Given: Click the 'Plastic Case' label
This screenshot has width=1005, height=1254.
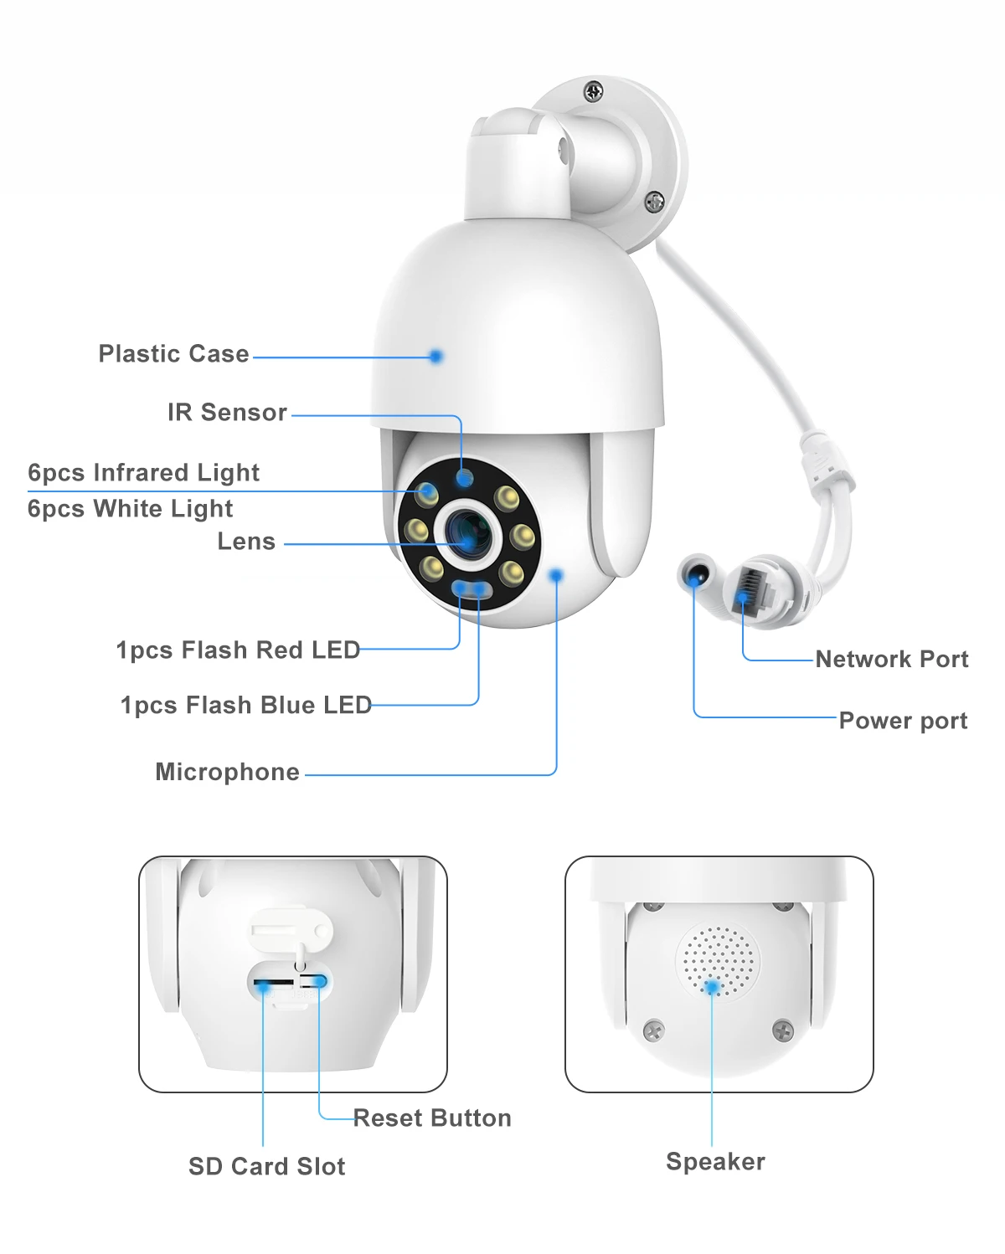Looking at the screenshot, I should pyautogui.click(x=173, y=354).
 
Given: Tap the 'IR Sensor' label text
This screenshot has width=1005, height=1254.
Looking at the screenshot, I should pyautogui.click(x=227, y=413).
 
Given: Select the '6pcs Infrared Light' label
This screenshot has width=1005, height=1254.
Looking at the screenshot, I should pyautogui.click(x=143, y=473).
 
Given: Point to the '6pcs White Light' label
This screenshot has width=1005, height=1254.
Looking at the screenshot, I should pyautogui.click(x=130, y=509).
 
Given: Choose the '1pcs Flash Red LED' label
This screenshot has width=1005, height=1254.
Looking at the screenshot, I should pyautogui.click(x=238, y=650).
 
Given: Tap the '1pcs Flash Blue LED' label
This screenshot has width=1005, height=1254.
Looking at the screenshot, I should pyautogui.click(x=245, y=706).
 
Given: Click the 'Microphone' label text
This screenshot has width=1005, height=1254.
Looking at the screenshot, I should pyautogui.click(x=227, y=772).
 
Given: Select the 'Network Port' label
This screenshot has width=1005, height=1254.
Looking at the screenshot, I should pyautogui.click(x=891, y=660).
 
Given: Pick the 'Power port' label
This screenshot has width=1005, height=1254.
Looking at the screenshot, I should pyautogui.click(x=903, y=721).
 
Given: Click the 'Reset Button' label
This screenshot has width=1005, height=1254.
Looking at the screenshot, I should pyautogui.click(x=432, y=1118).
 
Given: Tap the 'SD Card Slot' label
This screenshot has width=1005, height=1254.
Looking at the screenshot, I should pyautogui.click(x=266, y=1167).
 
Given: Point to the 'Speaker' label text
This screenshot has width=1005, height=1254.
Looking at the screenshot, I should pyautogui.click(x=715, y=1162).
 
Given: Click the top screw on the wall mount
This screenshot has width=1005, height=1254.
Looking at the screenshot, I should pyautogui.click(x=594, y=90).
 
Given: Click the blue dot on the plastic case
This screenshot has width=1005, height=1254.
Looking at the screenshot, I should pyautogui.click(x=435, y=357).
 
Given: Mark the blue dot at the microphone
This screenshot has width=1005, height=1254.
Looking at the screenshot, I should pyautogui.click(x=556, y=575).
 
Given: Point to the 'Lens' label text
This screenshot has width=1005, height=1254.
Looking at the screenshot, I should pyautogui.click(x=246, y=542).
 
